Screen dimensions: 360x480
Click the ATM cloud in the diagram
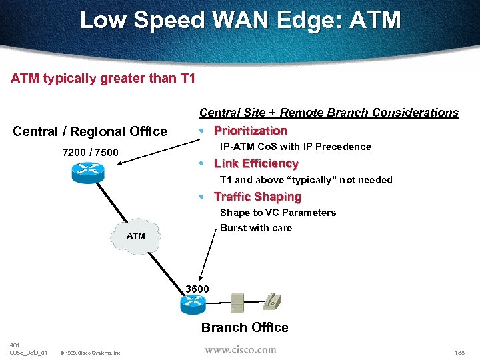(136, 235)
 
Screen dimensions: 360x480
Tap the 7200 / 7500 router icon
(87, 173)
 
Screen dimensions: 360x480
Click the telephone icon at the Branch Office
(271, 301)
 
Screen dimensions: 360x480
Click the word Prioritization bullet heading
(250, 131)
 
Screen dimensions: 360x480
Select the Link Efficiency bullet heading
(256, 163)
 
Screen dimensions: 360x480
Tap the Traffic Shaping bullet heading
(257, 197)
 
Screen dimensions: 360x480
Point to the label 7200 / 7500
(90, 153)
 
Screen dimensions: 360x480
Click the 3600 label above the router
(197, 289)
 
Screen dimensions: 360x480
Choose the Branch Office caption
(245, 327)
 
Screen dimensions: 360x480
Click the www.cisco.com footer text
(240, 349)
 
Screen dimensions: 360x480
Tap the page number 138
(459, 352)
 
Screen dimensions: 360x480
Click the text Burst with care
(256, 228)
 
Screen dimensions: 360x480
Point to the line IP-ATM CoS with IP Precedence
(295, 147)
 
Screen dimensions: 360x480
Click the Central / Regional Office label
(90, 131)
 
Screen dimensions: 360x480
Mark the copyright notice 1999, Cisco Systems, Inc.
(91, 353)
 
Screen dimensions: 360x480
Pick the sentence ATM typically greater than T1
(103, 79)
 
